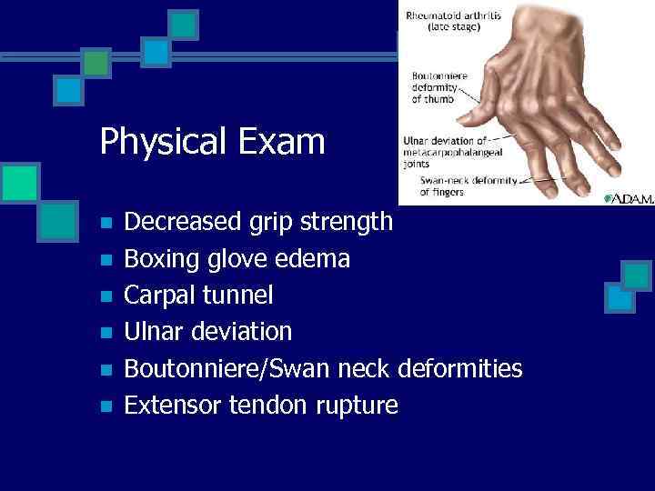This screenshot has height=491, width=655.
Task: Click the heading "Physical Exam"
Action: tap(212, 142)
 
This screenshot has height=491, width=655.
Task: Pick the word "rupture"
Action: tap(357, 406)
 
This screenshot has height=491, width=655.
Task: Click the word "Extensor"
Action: tap(170, 405)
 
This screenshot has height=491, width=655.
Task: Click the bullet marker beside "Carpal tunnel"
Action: tap(106, 296)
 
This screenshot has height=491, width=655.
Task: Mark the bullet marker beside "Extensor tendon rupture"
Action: tap(106, 406)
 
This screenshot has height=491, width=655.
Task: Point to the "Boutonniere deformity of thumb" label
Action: tap(440, 87)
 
